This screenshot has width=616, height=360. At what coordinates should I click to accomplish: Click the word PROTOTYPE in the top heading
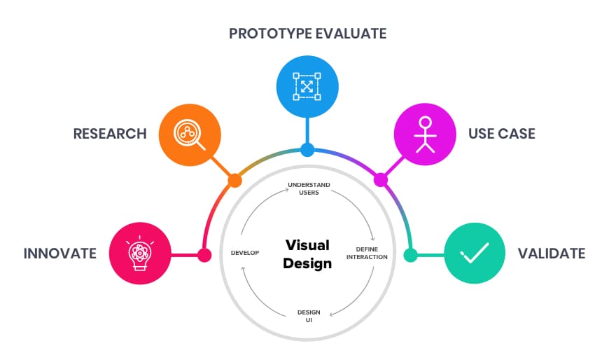pyautogui.click(x=271, y=34)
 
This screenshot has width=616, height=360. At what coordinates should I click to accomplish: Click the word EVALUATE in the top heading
pyautogui.click(x=351, y=34)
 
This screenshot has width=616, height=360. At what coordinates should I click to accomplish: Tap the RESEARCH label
pyautogui.click(x=110, y=134)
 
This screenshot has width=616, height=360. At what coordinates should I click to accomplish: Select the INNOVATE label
pyautogui.click(x=60, y=254)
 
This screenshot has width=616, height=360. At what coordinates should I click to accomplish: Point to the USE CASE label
pyautogui.click(x=502, y=134)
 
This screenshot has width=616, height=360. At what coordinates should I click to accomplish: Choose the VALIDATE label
pyautogui.click(x=552, y=254)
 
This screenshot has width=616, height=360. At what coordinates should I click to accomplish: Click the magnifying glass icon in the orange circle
pyautogui.click(x=190, y=134)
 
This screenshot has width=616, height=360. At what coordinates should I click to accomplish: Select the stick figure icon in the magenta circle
pyautogui.click(x=425, y=134)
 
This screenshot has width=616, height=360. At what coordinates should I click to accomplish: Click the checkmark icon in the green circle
pyautogui.click(x=475, y=252)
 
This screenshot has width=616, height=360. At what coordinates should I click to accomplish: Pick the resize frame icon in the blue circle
pyautogui.click(x=307, y=86)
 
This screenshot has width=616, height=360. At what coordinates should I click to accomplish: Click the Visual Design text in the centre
pyautogui.click(x=307, y=254)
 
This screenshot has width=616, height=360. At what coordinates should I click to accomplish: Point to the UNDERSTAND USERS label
pyautogui.click(x=309, y=188)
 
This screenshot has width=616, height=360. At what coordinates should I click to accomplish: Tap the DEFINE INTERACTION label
pyautogui.click(x=367, y=253)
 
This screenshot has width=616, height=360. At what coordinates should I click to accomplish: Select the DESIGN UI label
pyautogui.click(x=309, y=316)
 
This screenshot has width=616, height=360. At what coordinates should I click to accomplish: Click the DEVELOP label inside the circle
pyautogui.click(x=245, y=253)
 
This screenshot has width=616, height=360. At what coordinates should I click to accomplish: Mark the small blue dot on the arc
pyautogui.click(x=307, y=150)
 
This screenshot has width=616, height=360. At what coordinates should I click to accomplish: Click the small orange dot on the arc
pyautogui.click(x=235, y=181)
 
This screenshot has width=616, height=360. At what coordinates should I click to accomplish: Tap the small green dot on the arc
pyautogui.click(x=410, y=255)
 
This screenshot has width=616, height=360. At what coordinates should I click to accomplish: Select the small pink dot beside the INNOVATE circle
pyautogui.click(x=204, y=255)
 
